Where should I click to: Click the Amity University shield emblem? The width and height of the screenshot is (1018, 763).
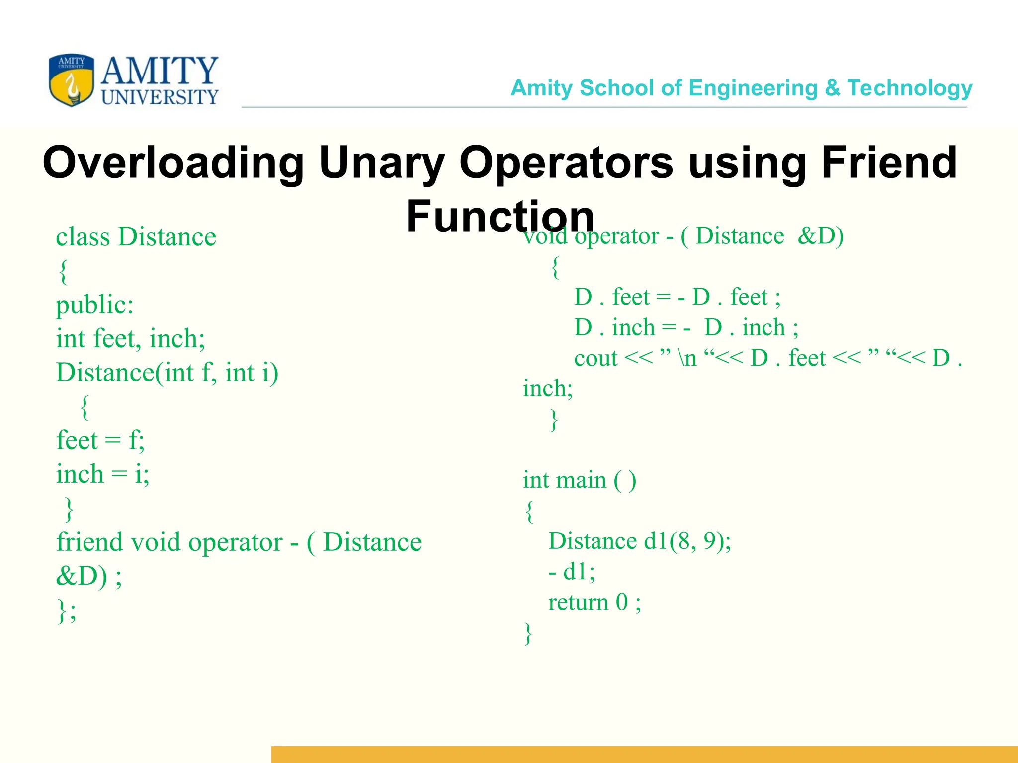pyautogui.click(x=71, y=80)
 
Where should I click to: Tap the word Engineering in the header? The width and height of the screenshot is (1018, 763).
pyautogui.click(x=753, y=88)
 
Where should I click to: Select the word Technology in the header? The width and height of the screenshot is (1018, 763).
pyautogui.click(x=910, y=88)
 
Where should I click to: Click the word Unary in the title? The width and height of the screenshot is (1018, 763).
pyautogui.click(x=381, y=163)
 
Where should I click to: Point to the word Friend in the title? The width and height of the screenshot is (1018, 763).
pyautogui.click(x=889, y=163)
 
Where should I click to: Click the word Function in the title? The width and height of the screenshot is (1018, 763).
pyautogui.click(x=500, y=217)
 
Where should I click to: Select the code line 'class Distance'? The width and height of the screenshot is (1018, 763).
pyautogui.click(x=136, y=237)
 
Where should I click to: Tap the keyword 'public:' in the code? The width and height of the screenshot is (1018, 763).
pyautogui.click(x=94, y=305)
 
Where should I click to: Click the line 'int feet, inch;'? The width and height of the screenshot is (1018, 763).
pyautogui.click(x=130, y=339)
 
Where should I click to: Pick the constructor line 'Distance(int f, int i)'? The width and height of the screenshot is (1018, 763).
pyautogui.click(x=167, y=373)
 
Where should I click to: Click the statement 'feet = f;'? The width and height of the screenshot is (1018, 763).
pyautogui.click(x=100, y=441)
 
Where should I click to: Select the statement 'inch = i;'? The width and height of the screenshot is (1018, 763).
pyautogui.click(x=102, y=474)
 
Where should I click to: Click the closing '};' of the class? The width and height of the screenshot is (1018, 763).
pyautogui.click(x=67, y=610)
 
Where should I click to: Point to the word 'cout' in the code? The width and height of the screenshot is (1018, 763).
pyautogui.click(x=595, y=358)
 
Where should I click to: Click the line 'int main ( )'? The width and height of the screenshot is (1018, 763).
pyautogui.click(x=579, y=480)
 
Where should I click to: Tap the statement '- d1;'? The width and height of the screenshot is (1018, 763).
pyautogui.click(x=572, y=572)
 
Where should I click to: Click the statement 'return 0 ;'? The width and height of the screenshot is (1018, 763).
pyautogui.click(x=594, y=603)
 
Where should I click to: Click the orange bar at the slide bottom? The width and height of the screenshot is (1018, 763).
pyautogui.click(x=644, y=754)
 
